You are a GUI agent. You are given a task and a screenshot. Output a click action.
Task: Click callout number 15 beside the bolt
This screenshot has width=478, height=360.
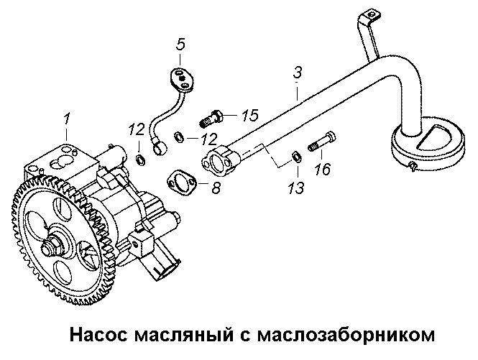pyautogui.click(x=249, y=115)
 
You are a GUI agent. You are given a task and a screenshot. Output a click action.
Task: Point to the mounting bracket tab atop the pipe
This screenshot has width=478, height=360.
pyautogui.click(x=369, y=16)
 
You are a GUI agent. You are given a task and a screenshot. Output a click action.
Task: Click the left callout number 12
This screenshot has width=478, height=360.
pyautogui.click(x=135, y=129)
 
